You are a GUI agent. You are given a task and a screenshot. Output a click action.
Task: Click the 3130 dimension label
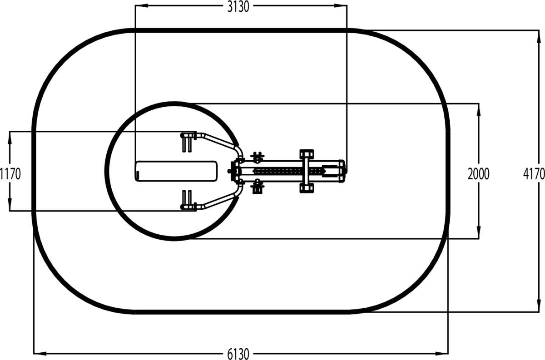238,7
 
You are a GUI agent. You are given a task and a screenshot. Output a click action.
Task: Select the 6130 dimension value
238,354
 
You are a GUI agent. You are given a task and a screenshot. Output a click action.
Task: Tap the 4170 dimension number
534,174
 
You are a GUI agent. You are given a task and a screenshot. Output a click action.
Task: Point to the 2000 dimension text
478,174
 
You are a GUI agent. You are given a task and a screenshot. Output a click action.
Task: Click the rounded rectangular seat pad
176,171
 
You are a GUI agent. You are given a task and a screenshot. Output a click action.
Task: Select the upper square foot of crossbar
307,154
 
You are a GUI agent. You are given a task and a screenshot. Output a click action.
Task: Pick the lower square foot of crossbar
307,188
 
